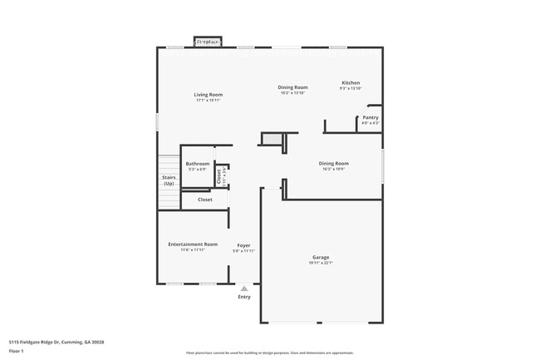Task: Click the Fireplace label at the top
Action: click(207, 41)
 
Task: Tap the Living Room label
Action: click(209, 95)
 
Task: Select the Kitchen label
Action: click(351, 83)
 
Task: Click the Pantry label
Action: click(370, 117)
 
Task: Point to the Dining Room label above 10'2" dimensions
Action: click(292, 87)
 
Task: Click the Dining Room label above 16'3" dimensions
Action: click(333, 163)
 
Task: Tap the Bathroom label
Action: click(198, 164)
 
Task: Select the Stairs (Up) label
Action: click(169, 180)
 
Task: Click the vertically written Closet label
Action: click(218, 175)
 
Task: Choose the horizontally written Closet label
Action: click(204, 200)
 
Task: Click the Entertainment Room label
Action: click(193, 244)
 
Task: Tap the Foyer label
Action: click(243, 245)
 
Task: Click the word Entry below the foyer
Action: click(244, 297)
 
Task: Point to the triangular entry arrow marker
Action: click(244, 288)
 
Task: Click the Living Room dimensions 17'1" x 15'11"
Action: click(209, 101)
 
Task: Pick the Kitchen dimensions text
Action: click(351, 89)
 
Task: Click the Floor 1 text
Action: click(17, 351)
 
